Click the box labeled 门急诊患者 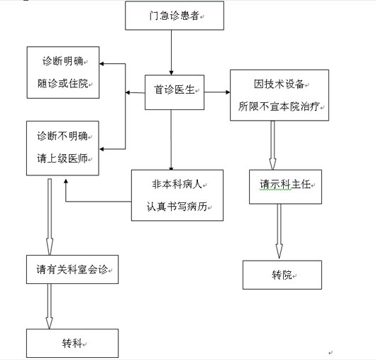[x=175, y=16]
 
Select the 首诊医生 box [x=175, y=92]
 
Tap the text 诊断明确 [x=63, y=61]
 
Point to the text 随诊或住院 [x=63, y=84]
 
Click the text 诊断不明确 [x=62, y=136]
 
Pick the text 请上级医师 [x=62, y=158]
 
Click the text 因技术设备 [x=279, y=84]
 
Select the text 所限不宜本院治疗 [x=279, y=107]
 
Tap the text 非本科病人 [x=177, y=185]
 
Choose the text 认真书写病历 [x=177, y=207]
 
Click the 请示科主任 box [x=286, y=187]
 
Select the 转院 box [x=282, y=275]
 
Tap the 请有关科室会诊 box [x=72, y=269]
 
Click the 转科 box [x=72, y=343]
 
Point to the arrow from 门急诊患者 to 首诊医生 [x=171, y=53]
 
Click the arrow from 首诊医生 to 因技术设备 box [x=217, y=92]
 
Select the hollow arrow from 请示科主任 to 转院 [x=279, y=231]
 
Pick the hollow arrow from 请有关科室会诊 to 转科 [x=49, y=306]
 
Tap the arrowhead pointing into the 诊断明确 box [x=101, y=64]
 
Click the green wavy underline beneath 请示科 [x=275, y=190]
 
